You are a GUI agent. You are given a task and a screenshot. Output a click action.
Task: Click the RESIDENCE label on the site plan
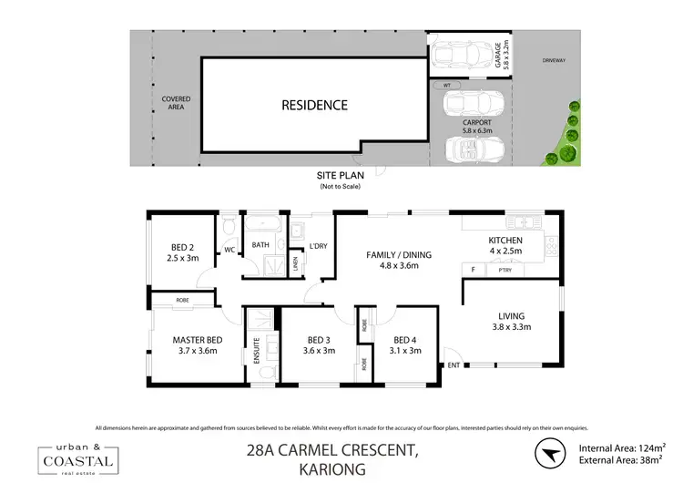coord(314,105)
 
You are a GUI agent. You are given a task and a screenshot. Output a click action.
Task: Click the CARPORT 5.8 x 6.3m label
coord(477,127)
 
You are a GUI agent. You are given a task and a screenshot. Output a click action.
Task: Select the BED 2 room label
coord(184,252)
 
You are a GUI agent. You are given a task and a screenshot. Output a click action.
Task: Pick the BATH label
coord(260,245)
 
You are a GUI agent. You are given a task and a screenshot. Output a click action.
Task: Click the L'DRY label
coord(318,246)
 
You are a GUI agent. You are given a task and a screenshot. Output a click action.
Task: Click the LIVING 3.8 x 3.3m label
coord(512,321)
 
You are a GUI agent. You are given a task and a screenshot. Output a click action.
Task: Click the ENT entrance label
coord(453,365)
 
